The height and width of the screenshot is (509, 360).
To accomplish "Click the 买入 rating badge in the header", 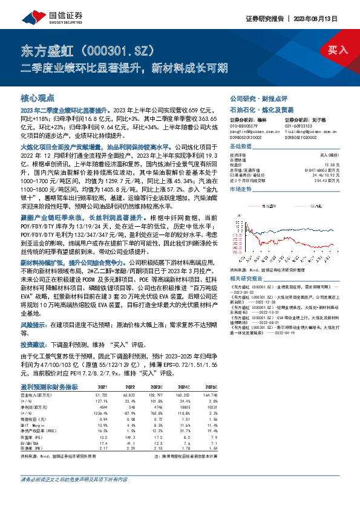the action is click(339, 50).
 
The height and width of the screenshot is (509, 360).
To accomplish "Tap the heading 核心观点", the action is click(37, 97).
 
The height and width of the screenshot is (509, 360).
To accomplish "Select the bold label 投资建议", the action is click(34, 343).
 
